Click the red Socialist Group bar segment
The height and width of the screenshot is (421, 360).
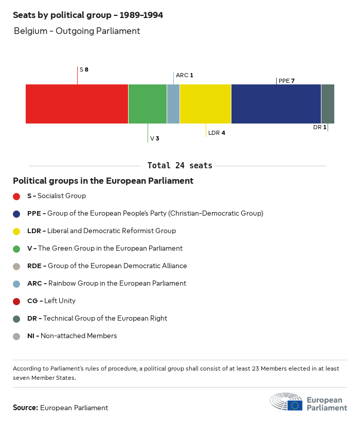pyautogui.click(x=77, y=104)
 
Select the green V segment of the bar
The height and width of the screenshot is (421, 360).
pyautogui.click(x=147, y=104)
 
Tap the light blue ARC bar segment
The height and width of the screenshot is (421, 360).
pyautogui.click(x=173, y=104)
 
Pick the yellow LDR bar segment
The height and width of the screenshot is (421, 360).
pyautogui.click(x=205, y=104)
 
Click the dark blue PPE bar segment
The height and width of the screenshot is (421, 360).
pyautogui.click(x=276, y=104)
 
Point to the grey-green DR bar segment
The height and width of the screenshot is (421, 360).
pyautogui.click(x=328, y=104)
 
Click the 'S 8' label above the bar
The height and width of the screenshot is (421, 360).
pyautogui.click(x=84, y=69)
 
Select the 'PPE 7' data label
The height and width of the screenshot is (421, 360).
pyautogui.click(x=286, y=81)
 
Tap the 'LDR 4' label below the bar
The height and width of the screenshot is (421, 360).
pyautogui.click(x=217, y=133)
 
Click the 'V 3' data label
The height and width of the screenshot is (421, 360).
pyautogui.click(x=154, y=138)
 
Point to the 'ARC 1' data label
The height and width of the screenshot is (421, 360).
pyautogui.click(x=185, y=75)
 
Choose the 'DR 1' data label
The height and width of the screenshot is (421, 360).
pyautogui.click(x=320, y=127)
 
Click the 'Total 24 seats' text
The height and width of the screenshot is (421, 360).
pyautogui.click(x=179, y=166)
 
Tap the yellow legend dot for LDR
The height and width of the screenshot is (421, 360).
pyautogui.click(x=16, y=231)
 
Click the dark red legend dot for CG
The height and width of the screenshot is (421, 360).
pyautogui.click(x=16, y=301)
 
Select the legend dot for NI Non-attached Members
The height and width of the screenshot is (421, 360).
pyautogui.click(x=16, y=336)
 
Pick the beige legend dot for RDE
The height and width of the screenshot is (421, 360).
pyautogui.click(x=16, y=266)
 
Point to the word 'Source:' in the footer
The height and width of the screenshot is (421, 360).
pyautogui.click(x=25, y=408)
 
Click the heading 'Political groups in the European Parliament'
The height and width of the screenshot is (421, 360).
pyautogui.click(x=103, y=181)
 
